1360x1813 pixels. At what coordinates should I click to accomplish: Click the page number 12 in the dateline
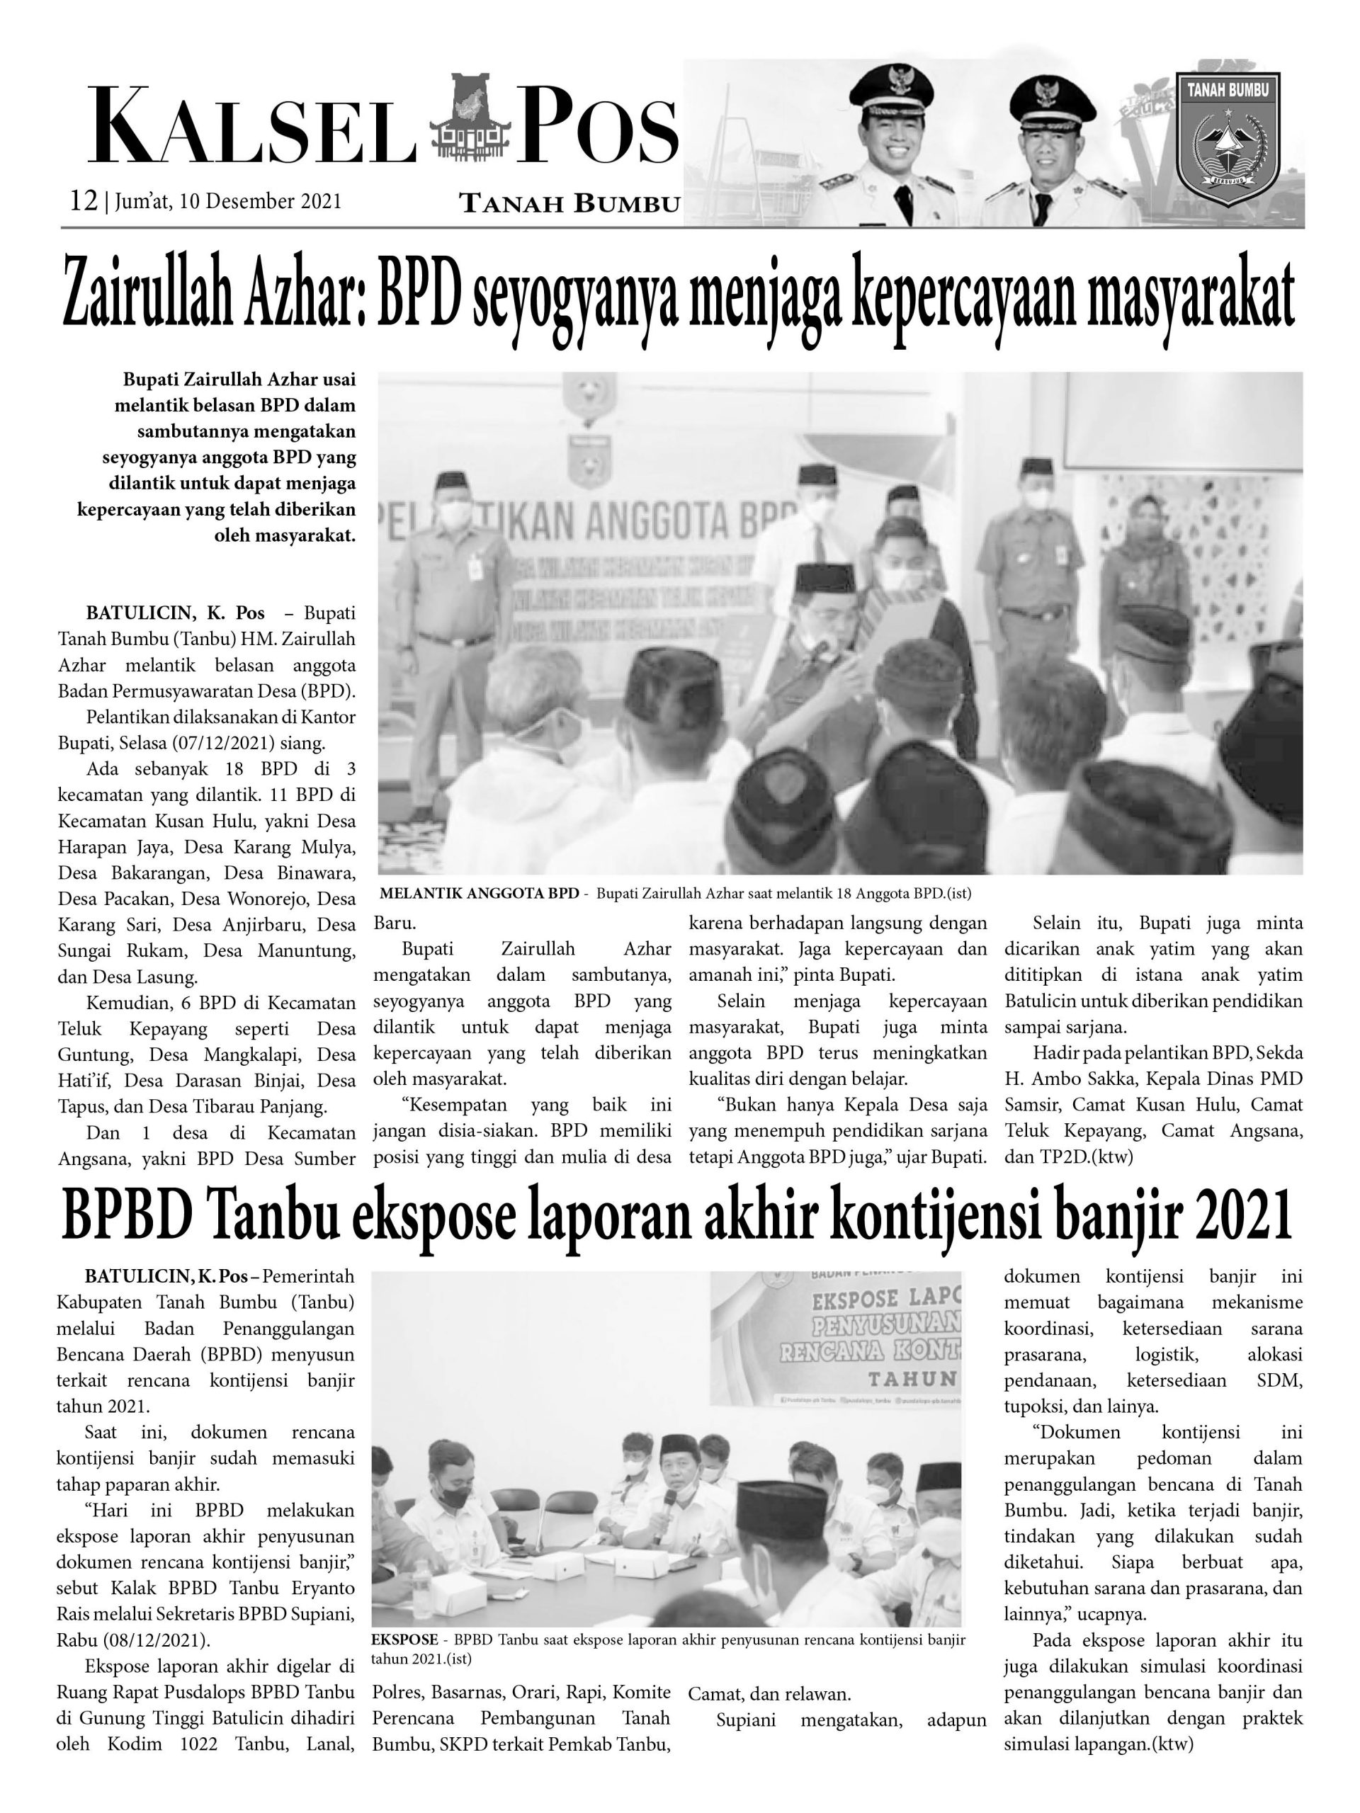click(84, 201)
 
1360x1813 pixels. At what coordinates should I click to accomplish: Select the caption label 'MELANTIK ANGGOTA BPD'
click(480, 892)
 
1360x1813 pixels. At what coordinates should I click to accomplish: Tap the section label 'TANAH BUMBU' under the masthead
click(569, 203)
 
